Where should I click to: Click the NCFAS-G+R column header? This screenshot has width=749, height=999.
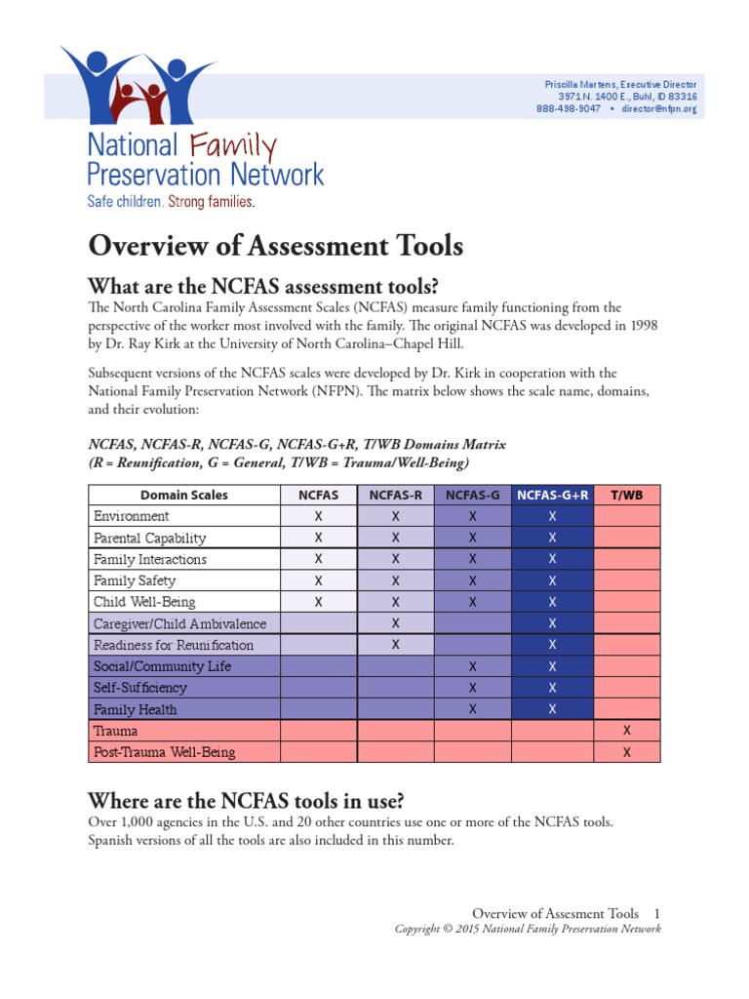[x=552, y=495]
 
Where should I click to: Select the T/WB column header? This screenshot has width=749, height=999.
[x=626, y=495]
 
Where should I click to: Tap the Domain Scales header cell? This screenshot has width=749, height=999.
[x=184, y=495]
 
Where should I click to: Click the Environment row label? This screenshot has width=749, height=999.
[x=131, y=516]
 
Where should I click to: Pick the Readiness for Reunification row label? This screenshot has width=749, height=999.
[x=173, y=645]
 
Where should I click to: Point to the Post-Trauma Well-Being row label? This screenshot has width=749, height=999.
[x=164, y=752]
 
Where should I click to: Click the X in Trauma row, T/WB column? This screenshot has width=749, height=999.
[x=626, y=731]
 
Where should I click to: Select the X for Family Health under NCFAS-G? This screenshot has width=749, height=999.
[x=472, y=709]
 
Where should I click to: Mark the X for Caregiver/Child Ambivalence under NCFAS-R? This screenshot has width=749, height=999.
[x=395, y=623]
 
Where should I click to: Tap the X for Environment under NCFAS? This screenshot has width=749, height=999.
[x=318, y=516]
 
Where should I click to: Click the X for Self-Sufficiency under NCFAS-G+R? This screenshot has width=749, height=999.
[x=552, y=688]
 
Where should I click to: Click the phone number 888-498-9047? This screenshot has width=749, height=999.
[x=568, y=109]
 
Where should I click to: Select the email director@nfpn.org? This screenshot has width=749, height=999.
[x=658, y=109]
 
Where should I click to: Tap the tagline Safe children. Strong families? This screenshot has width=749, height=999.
[x=171, y=202]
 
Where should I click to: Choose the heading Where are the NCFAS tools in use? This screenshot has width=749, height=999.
[x=246, y=801]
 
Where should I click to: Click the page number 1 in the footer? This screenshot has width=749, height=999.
[x=657, y=913]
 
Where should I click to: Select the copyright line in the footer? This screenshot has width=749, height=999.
[x=527, y=929]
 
